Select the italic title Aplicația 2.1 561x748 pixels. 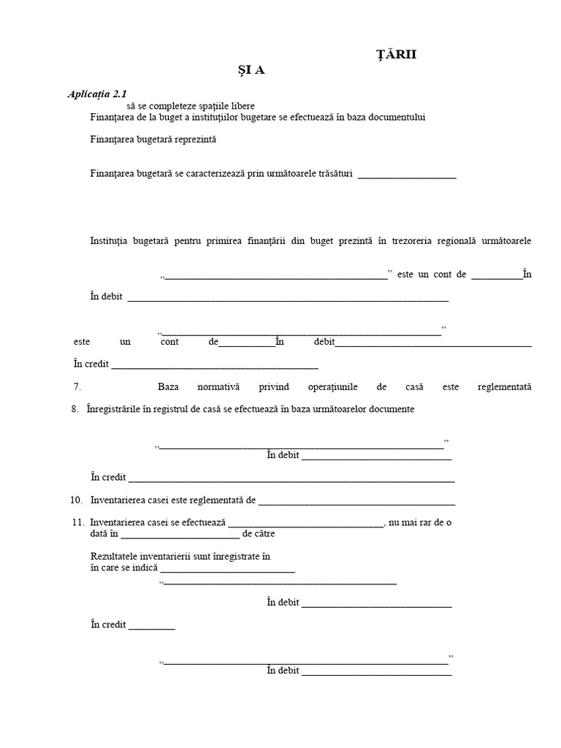click(x=97, y=94)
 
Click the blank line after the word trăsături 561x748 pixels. click(x=407, y=175)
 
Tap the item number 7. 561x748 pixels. click(x=77, y=387)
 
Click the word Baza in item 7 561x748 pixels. click(x=168, y=387)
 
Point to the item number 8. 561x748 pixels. click(x=75, y=409)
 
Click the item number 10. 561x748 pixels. click(x=77, y=500)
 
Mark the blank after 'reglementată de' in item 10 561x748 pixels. click(x=356, y=502)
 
